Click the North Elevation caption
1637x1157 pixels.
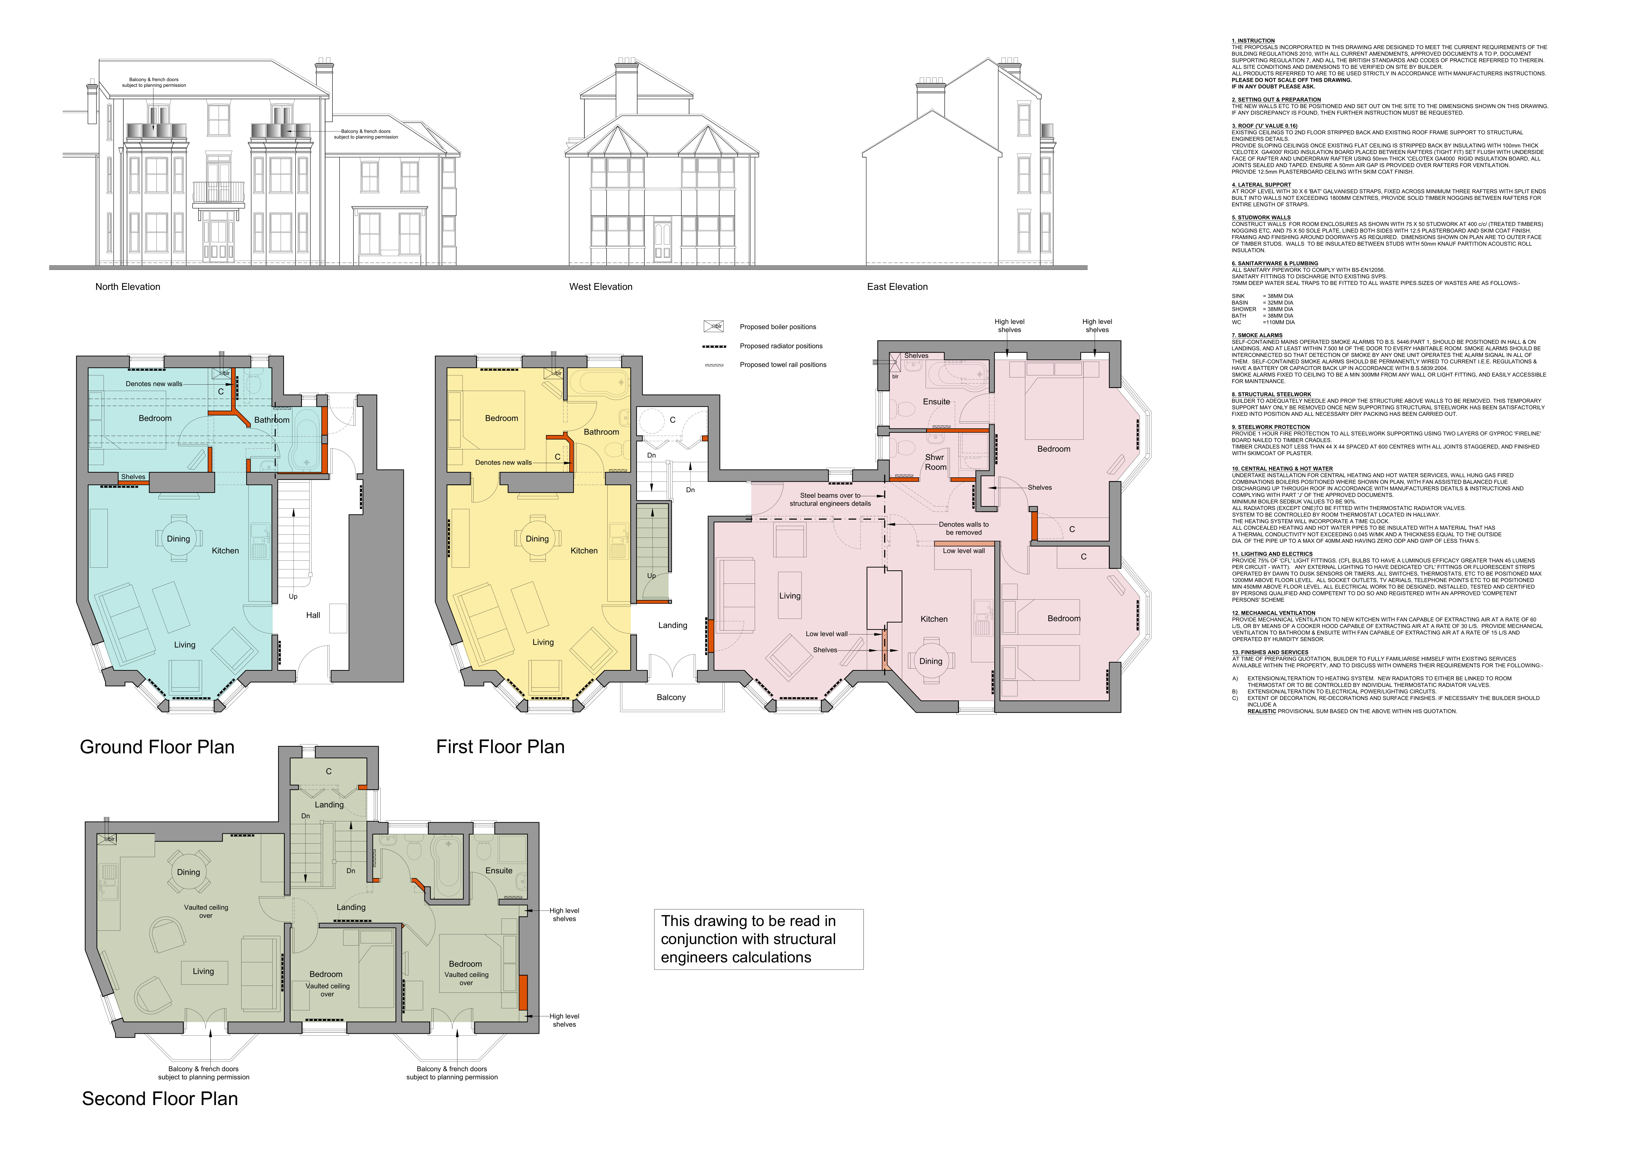(128, 287)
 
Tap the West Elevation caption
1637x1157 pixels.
(600, 287)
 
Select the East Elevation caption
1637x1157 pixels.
(897, 287)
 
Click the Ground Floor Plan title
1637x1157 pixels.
(157, 747)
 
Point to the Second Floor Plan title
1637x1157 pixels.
(160, 1099)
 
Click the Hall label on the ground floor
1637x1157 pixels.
(313, 615)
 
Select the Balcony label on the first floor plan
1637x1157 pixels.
(671, 697)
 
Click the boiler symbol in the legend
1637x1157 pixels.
(713, 327)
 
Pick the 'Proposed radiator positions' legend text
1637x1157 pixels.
(781, 346)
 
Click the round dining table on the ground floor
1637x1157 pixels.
(178, 538)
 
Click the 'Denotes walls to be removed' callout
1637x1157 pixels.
(963, 528)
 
